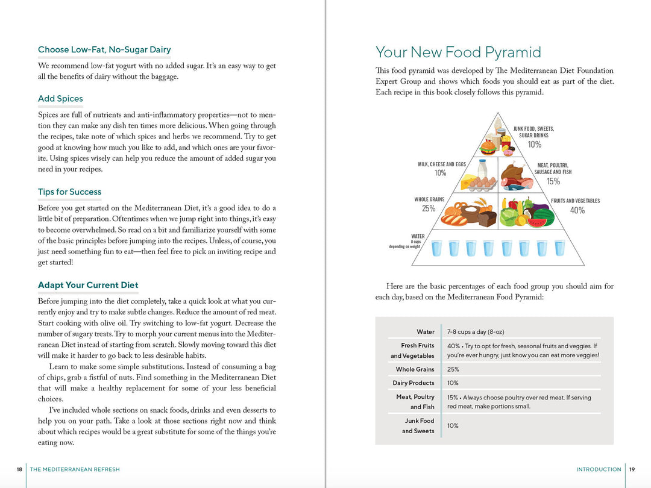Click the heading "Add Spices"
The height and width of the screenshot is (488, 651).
(x=60, y=99)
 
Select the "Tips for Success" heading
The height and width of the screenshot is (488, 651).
(x=69, y=192)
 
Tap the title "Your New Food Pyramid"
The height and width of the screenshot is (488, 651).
(x=458, y=52)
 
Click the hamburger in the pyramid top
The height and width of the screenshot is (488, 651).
(x=488, y=148)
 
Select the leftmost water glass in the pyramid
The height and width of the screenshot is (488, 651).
(x=437, y=248)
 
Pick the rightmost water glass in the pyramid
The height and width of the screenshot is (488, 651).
(x=559, y=248)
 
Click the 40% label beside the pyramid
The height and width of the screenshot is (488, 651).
(x=577, y=210)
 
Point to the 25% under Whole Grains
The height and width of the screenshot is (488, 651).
(x=429, y=209)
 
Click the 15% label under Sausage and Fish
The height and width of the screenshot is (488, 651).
(x=553, y=181)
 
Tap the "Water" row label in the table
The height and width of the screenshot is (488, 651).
(x=425, y=332)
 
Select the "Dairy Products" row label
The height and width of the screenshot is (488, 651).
(x=414, y=383)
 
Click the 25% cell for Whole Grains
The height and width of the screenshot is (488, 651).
(x=453, y=369)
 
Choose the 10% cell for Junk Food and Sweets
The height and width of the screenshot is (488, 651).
(x=453, y=426)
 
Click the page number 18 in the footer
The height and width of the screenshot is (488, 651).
(x=19, y=469)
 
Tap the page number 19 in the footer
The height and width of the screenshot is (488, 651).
(x=632, y=469)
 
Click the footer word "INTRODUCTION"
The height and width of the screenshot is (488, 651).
(x=599, y=469)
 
